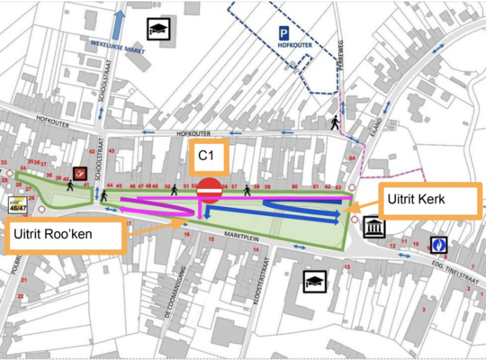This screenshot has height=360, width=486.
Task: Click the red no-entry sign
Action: click(210, 190)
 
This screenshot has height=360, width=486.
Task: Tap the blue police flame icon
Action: click(438, 244)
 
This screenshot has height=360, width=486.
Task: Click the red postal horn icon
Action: click(80, 173)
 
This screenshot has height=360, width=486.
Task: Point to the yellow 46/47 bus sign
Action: click(16, 203)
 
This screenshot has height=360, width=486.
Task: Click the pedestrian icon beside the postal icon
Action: click(69, 186)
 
